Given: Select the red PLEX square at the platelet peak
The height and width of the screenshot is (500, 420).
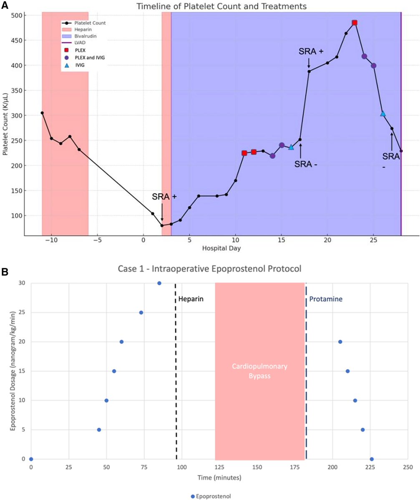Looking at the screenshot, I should coord(355,23).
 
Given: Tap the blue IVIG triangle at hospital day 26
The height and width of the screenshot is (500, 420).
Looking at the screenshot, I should coord(383,114).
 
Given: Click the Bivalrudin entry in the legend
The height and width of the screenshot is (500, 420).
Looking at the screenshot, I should coord(83,37).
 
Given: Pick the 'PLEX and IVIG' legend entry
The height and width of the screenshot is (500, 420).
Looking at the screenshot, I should coord(83,57).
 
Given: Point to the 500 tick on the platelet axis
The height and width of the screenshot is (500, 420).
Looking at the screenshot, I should coord(19,15).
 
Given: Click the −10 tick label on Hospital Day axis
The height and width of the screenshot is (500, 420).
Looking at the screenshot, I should coord(51,240).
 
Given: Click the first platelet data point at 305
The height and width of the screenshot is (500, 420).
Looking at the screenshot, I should coord(42,113).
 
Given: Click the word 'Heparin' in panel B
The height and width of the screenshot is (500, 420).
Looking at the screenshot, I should coord(191,299).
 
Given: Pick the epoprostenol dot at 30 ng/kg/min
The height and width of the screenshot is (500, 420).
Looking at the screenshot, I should coord(159,283).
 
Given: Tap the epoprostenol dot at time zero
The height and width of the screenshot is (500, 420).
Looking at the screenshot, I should coord(31,459).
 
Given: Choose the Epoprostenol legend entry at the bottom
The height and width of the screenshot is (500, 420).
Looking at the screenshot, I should coord(211,496).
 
